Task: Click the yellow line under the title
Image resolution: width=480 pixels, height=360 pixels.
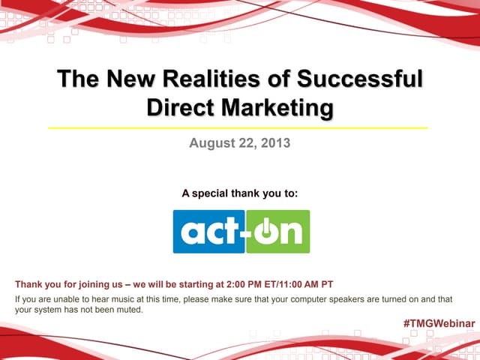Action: pos(238,127)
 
